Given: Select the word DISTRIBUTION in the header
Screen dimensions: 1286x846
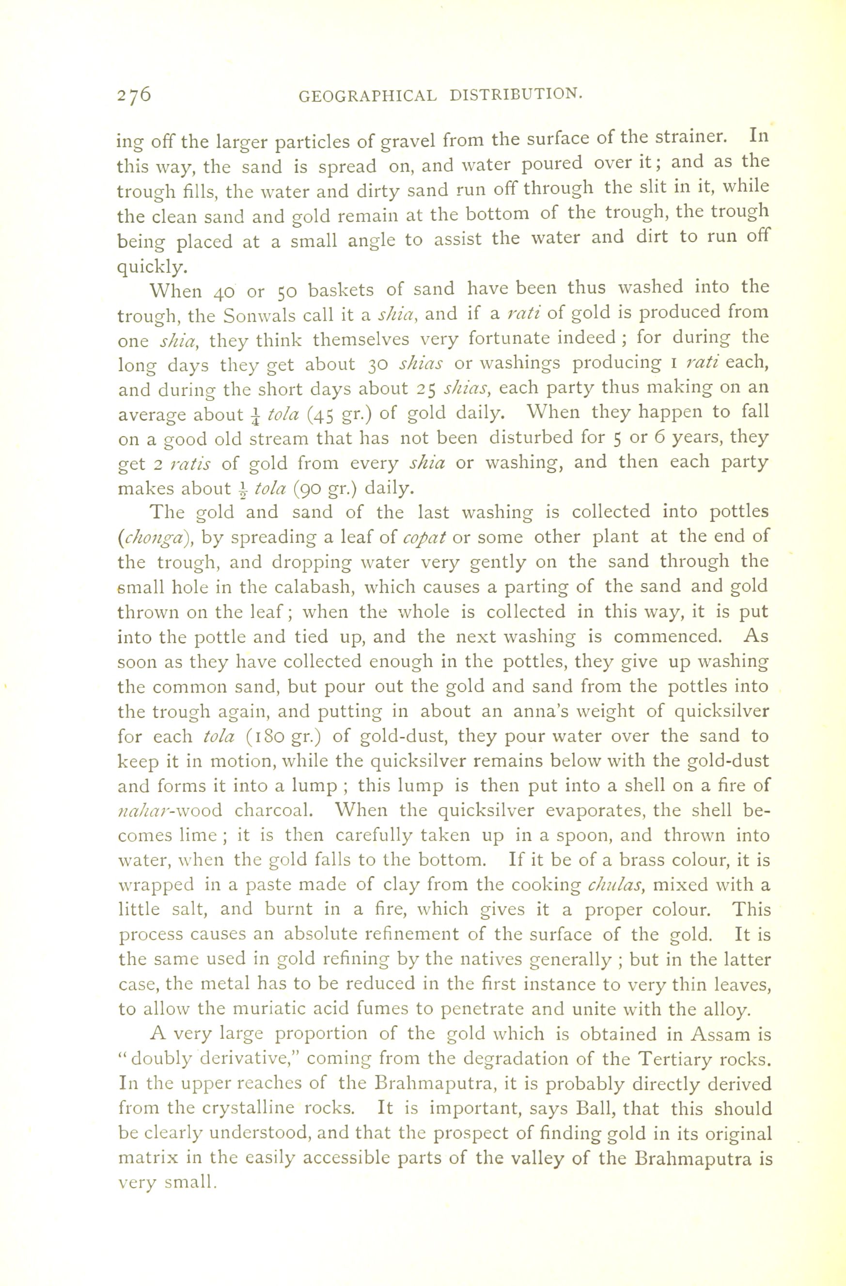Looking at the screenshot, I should coord(516,95).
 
